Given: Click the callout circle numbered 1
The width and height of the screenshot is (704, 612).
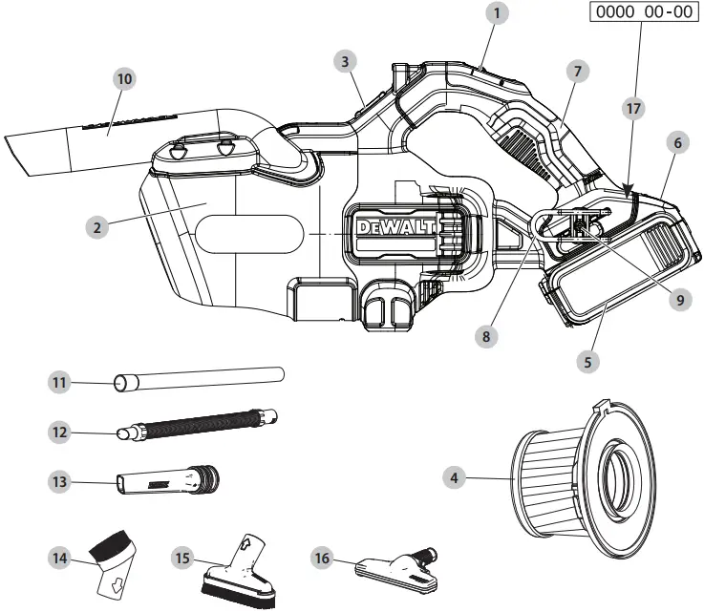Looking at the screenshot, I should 496,13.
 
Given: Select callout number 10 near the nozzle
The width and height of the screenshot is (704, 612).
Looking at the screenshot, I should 123,78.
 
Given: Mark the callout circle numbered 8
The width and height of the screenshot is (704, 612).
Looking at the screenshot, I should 486,335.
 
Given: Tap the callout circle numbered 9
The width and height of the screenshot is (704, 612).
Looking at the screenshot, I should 680,299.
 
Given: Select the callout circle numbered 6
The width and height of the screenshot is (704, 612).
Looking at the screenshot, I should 676,142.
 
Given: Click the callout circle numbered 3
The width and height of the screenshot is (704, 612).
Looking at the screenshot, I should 350,61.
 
